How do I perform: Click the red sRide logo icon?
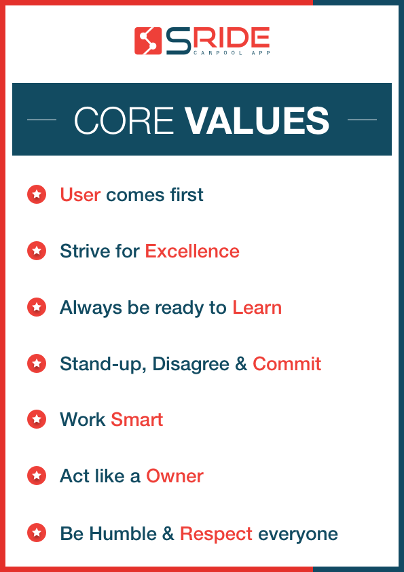[x=147, y=41]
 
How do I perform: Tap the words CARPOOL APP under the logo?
[x=231, y=52]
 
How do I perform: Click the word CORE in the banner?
[x=123, y=121]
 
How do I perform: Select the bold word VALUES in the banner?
[x=257, y=121]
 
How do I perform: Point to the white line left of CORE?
[x=41, y=120]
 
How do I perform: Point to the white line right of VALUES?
[x=362, y=120]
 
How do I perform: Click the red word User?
[x=80, y=195]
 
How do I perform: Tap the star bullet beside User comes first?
[x=36, y=195]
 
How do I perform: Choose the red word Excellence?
[x=192, y=251]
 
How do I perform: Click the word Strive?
[x=79, y=251]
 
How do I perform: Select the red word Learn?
[x=257, y=307]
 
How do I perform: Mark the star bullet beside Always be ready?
[x=36, y=307]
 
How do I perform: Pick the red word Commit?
[x=287, y=363]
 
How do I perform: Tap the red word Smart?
[x=137, y=419]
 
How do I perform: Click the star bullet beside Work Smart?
[x=36, y=419]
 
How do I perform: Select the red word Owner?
[x=175, y=476]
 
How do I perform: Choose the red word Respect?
[x=216, y=533]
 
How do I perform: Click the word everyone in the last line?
[x=298, y=534]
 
